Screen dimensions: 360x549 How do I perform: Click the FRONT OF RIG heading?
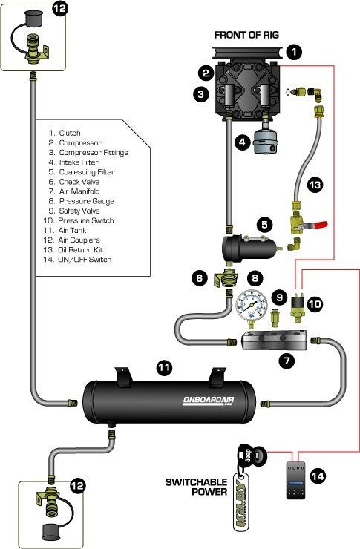(x=246, y=35)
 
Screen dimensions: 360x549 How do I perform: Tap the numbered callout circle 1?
(x=293, y=52)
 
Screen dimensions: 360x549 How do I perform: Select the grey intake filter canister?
(x=266, y=142)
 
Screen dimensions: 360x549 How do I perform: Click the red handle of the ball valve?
(x=318, y=225)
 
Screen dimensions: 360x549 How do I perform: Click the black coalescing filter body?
(x=248, y=249)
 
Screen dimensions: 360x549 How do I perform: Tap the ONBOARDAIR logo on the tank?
(x=209, y=401)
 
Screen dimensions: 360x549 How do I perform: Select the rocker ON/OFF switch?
(x=296, y=480)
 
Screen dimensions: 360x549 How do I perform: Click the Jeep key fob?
(x=249, y=455)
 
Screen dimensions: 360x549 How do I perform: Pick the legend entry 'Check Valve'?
(x=74, y=182)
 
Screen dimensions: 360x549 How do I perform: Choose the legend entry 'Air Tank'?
(x=65, y=231)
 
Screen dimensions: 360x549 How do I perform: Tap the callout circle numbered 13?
(x=315, y=184)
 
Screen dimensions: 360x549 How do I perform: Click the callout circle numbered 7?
(x=287, y=360)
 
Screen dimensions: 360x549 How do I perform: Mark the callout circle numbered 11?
(x=164, y=368)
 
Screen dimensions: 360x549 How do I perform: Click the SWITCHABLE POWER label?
(x=196, y=487)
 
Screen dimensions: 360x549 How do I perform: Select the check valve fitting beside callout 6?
(x=226, y=279)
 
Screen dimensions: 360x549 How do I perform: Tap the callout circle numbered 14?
(x=318, y=476)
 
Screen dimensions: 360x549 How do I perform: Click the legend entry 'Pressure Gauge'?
(x=81, y=201)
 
